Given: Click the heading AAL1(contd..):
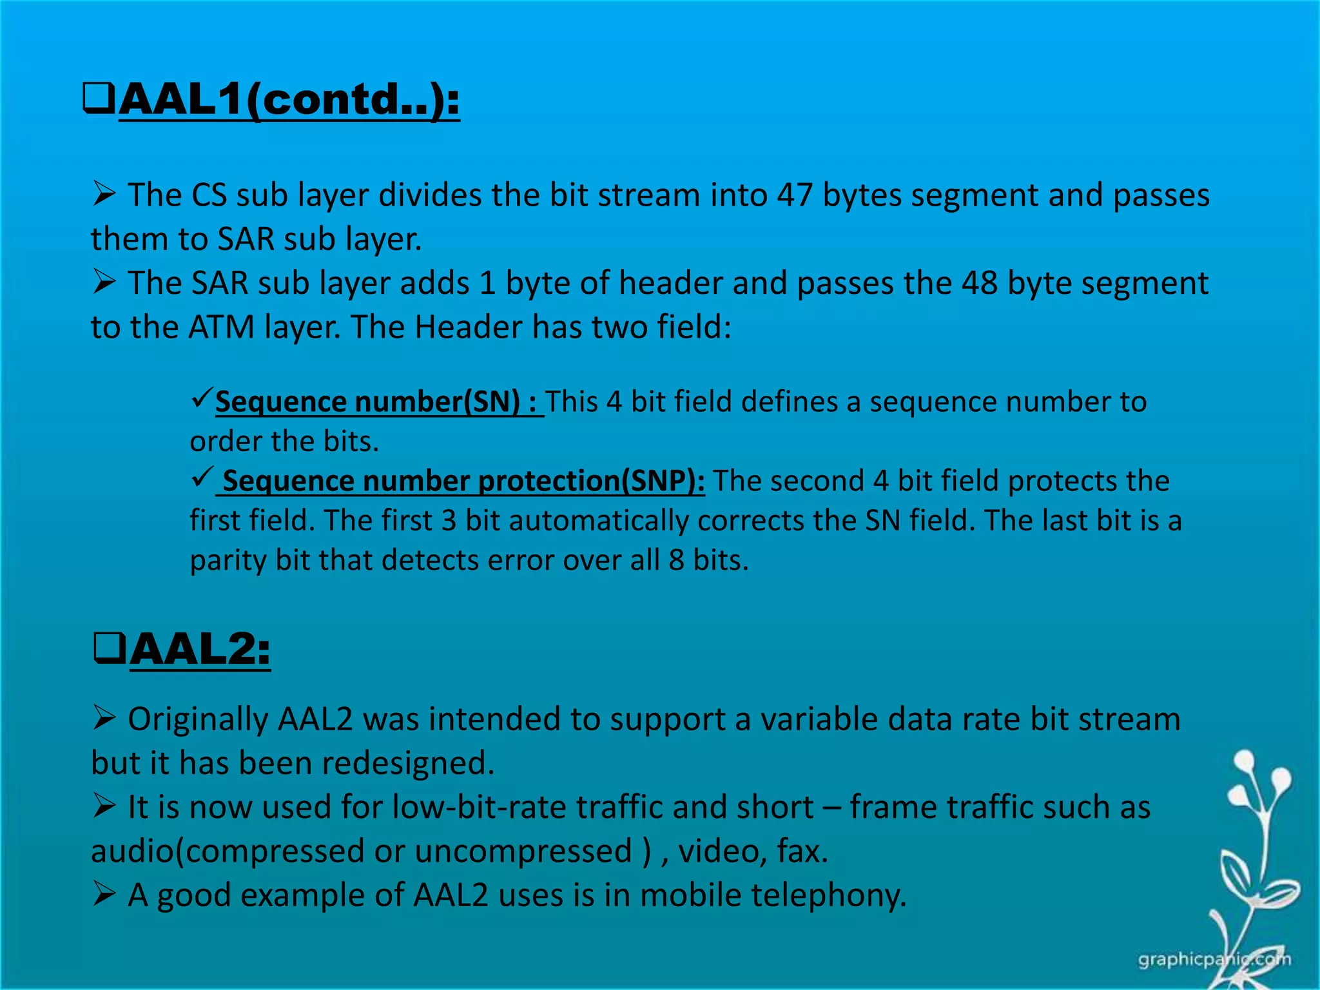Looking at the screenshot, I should click(289, 100).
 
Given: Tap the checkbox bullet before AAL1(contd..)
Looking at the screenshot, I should click(99, 99).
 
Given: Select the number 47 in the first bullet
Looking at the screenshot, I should click(794, 195).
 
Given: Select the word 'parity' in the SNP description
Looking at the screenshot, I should click(228, 561).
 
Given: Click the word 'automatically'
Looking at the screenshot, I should click(598, 521).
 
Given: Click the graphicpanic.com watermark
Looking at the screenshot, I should click(1214, 960).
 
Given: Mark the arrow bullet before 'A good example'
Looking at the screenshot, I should click(104, 893).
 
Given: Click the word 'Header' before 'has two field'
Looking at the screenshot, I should click(468, 327).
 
